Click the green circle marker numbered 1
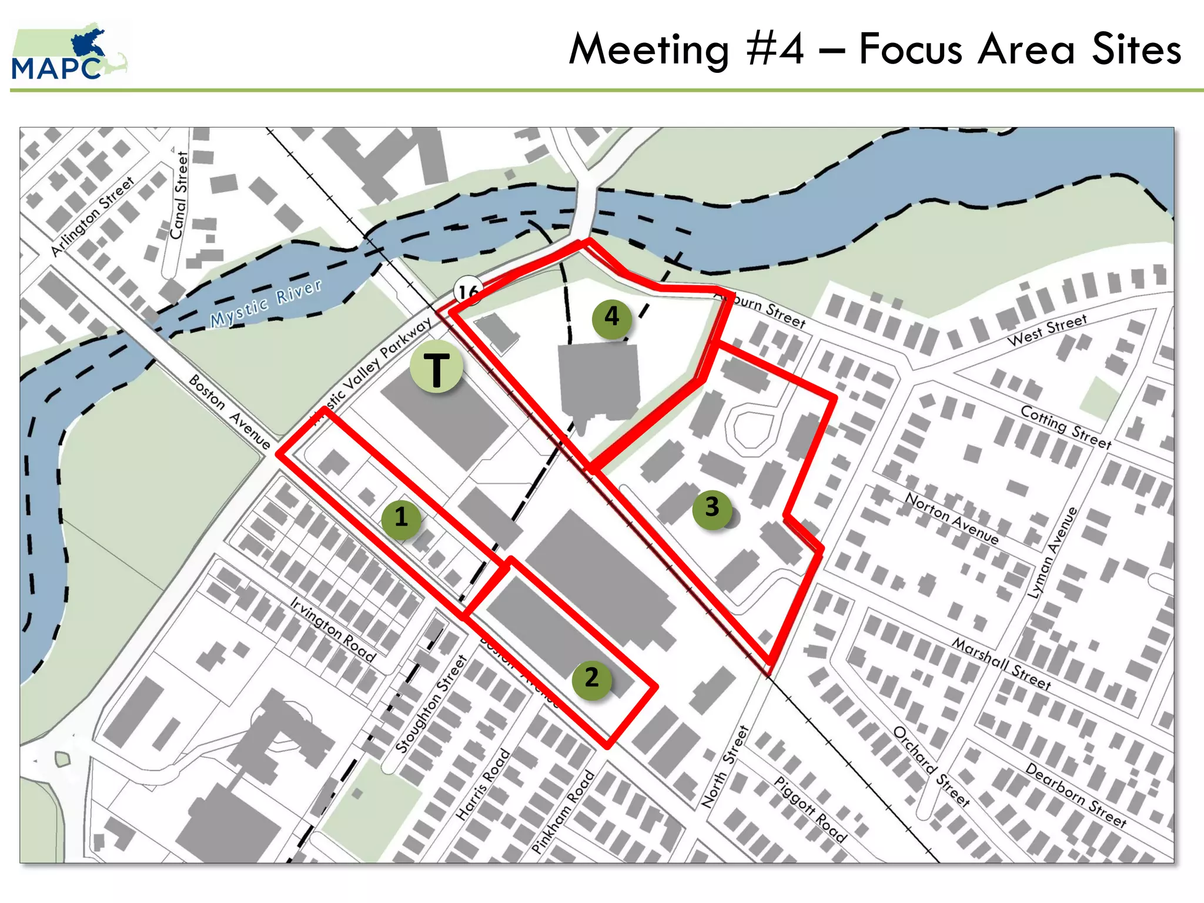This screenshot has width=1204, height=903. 401,517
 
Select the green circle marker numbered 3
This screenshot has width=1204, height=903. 712,507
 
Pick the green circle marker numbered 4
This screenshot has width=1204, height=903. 612,317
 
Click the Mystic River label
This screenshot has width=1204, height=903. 266,303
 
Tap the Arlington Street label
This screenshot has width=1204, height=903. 92,217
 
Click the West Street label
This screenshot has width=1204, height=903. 1047,330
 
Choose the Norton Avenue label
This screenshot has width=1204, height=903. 952,517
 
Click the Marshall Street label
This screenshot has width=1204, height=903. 1002,664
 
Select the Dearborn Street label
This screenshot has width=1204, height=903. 1076,795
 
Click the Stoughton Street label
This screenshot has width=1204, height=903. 430,704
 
